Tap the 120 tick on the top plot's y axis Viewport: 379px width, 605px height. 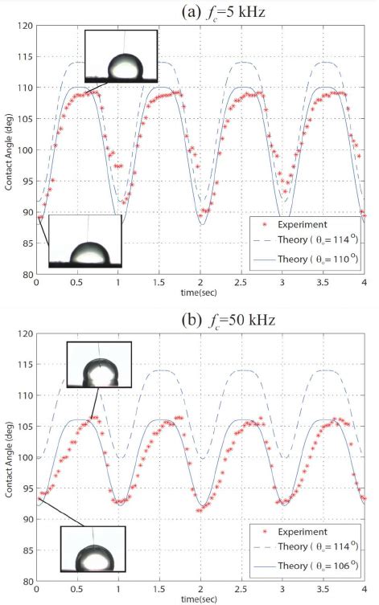[26, 26]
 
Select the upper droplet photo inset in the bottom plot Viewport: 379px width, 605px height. [97, 366]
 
